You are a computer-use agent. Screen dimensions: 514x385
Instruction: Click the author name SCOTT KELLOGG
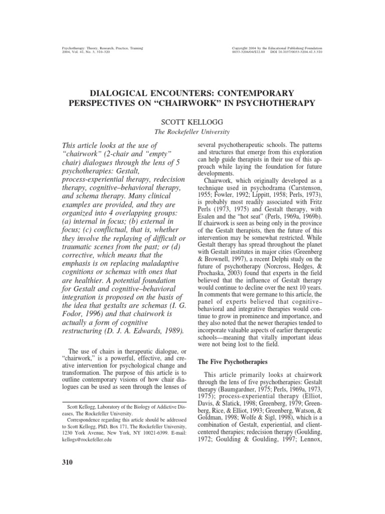click(x=192, y=121)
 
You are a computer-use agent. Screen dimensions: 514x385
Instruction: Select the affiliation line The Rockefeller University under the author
click(x=192, y=132)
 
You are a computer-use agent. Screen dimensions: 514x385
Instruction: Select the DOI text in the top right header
click(x=301, y=52)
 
